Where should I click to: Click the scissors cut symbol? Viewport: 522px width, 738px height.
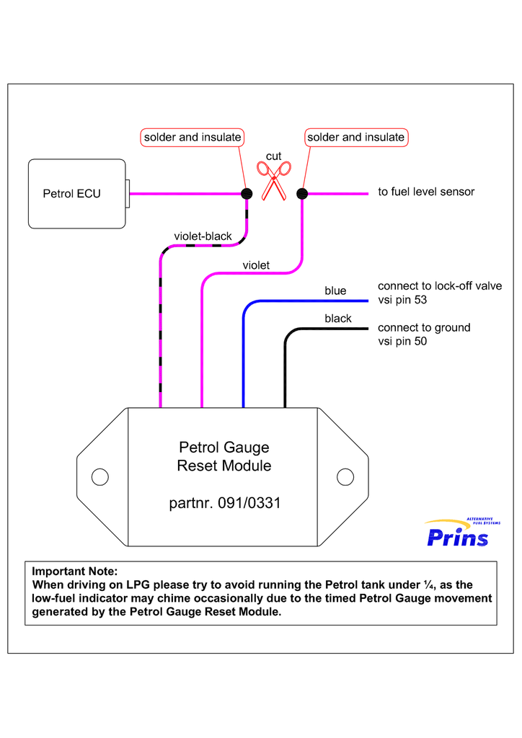[x=274, y=180]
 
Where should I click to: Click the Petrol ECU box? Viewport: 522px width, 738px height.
[x=76, y=193]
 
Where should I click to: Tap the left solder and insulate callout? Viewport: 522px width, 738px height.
[x=193, y=137]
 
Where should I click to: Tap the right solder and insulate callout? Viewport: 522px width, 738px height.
[x=356, y=137]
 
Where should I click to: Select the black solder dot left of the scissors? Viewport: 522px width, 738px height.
[x=247, y=193]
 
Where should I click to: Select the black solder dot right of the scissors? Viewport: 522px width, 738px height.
[x=302, y=193]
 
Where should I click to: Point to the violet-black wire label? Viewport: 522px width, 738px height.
[x=203, y=236]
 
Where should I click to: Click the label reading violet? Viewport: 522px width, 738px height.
[x=256, y=265]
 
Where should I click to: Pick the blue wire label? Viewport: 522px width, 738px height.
[x=335, y=290]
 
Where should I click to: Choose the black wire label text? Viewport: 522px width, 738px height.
[x=337, y=319]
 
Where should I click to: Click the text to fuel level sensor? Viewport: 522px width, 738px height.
[x=426, y=192]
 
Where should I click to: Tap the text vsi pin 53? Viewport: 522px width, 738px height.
[x=402, y=300]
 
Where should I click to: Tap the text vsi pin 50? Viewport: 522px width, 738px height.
[x=402, y=342]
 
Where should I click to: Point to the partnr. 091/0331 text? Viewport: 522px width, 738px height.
[x=224, y=503]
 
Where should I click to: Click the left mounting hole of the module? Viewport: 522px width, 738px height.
[x=100, y=476]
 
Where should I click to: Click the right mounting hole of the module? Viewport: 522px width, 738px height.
[x=345, y=476]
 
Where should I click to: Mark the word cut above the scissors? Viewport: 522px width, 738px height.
[x=273, y=156]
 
